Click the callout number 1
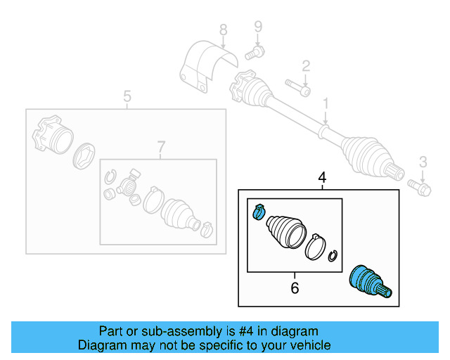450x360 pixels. pos(326,105)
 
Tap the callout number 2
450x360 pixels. pos(306,67)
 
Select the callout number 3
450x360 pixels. pos(423,163)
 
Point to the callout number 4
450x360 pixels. pos(322,179)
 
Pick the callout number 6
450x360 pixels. pos(295,287)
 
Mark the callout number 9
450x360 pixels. pos(257,27)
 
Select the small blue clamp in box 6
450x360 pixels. pos(257,210)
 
